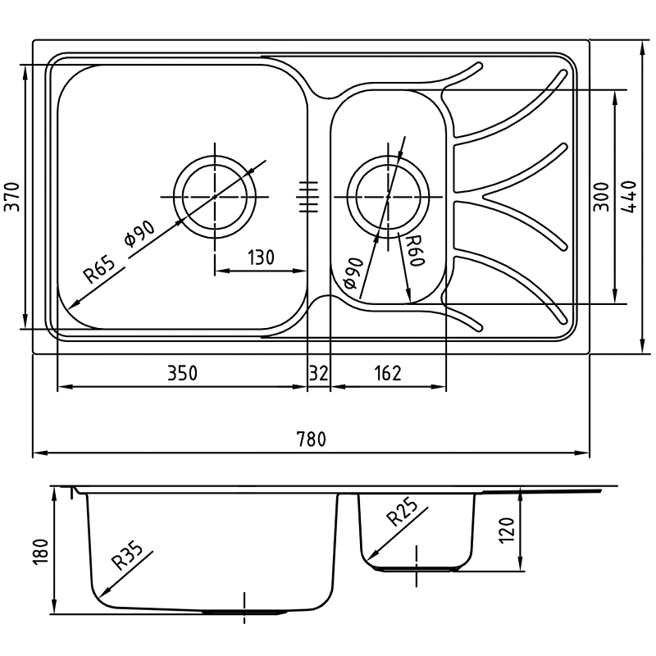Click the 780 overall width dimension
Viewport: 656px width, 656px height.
(x=311, y=440)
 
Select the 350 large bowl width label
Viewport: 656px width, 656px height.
(x=182, y=373)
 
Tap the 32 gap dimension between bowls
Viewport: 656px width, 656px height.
(x=319, y=373)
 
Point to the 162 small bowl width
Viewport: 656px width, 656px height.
(x=388, y=373)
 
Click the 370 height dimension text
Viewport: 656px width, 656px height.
(x=12, y=197)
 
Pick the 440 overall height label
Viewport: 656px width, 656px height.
(x=628, y=197)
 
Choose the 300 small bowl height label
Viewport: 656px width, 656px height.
(x=602, y=197)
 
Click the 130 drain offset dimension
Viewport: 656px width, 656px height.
(x=261, y=257)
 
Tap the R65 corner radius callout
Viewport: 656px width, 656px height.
(x=98, y=271)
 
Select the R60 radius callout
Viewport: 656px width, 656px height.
(x=416, y=250)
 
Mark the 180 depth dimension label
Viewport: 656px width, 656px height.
(x=41, y=552)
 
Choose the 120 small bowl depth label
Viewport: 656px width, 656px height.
(x=506, y=530)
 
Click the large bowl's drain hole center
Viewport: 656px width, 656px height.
(x=215, y=197)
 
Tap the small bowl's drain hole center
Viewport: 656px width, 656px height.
(x=388, y=197)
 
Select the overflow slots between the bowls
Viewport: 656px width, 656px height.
(x=308, y=197)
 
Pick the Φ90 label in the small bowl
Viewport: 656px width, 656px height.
(x=353, y=273)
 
